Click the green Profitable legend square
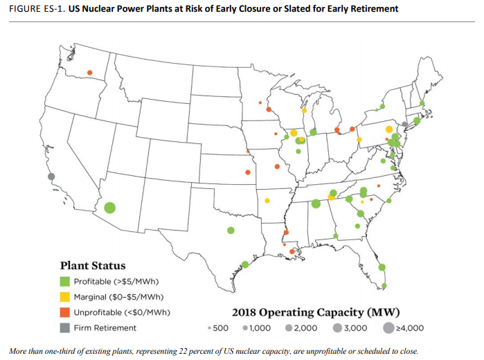64,281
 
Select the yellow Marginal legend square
64,296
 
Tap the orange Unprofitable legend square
64,312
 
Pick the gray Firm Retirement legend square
64,327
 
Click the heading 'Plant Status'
93,265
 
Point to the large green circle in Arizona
109,208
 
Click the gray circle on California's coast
51,177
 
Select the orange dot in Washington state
89,73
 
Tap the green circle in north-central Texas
231,231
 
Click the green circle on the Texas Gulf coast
245,264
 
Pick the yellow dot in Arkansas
267,201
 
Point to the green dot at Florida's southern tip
384,285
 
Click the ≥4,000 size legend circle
388,328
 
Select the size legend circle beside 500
209,328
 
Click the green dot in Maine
422,103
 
